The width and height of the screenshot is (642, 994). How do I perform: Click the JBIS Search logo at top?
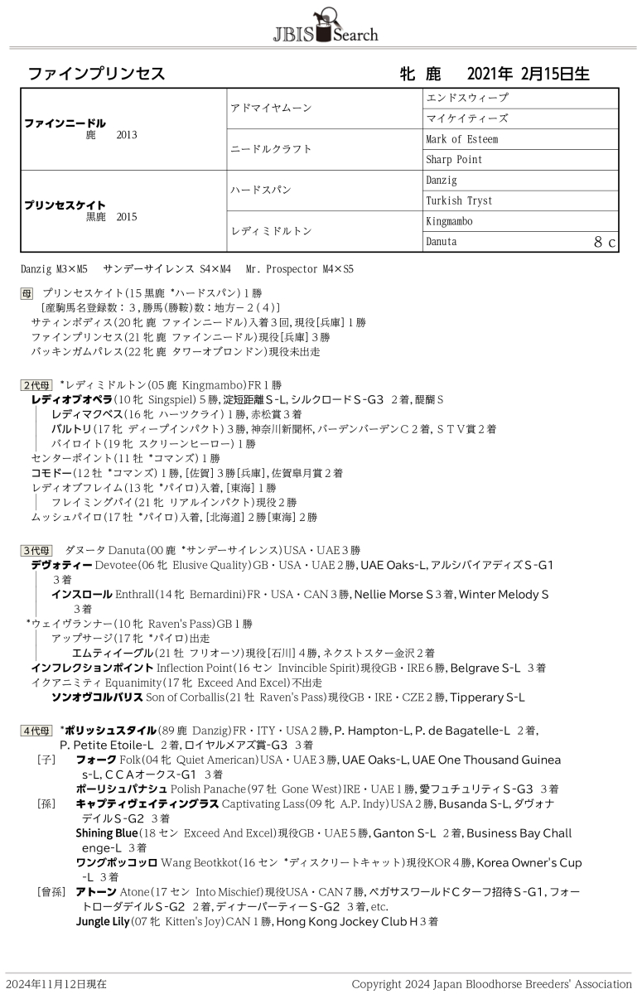[x=325, y=26]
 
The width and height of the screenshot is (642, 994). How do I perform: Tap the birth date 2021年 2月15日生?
[x=528, y=74]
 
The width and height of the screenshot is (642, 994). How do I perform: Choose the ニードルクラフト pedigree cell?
[x=271, y=149]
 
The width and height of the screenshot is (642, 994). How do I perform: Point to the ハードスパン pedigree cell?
[x=261, y=190]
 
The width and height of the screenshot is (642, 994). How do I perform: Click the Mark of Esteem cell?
[x=461, y=139]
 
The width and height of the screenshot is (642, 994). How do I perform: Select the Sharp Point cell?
[x=453, y=160]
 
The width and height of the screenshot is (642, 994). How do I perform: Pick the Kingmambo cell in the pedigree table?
[x=448, y=221]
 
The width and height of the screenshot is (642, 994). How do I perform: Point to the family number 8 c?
[x=605, y=242]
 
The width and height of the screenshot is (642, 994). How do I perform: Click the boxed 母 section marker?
[x=27, y=293]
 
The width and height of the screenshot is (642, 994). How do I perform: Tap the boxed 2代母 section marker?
[x=36, y=385]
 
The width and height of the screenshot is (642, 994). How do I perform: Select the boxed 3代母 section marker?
[x=36, y=550]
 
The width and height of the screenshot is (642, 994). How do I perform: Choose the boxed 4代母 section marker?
[x=36, y=730]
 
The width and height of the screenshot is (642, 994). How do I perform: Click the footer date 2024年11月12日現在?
[x=56, y=984]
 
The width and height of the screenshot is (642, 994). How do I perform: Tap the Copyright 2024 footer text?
[x=491, y=984]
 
